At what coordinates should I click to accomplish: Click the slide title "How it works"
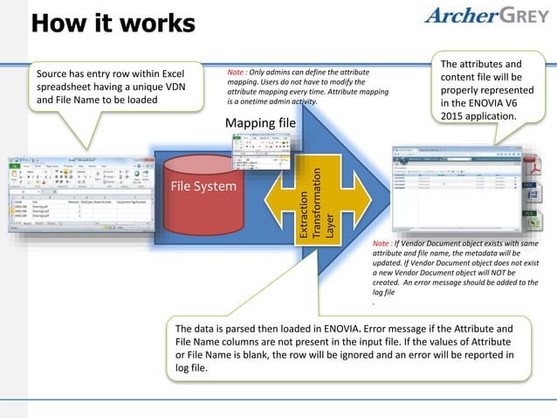(113, 24)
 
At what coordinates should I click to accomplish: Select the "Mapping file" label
(260, 122)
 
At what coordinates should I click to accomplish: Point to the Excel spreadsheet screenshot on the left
(78, 193)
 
